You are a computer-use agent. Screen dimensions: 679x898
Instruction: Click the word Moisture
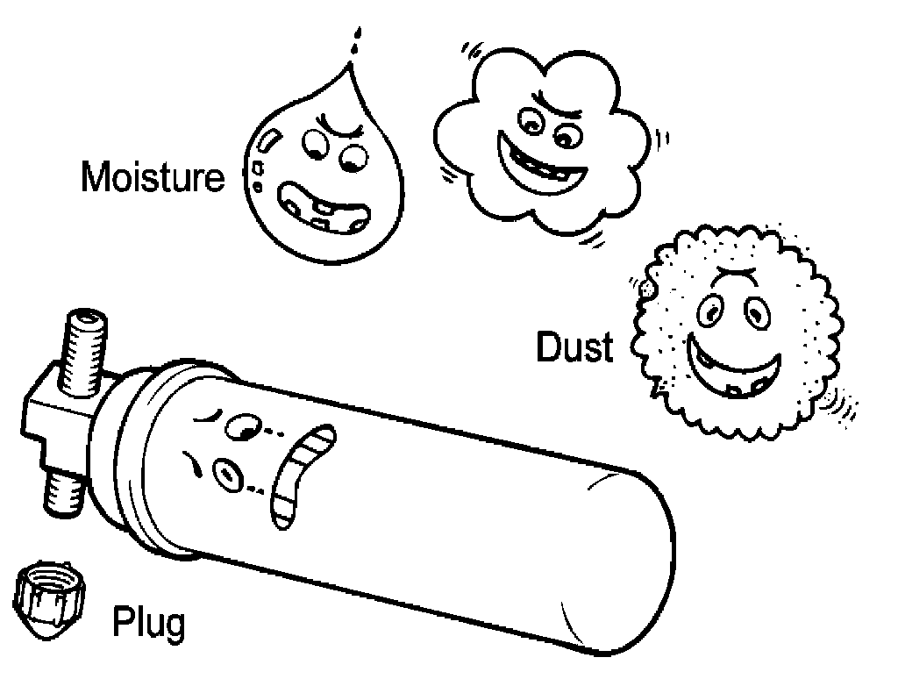click(x=153, y=177)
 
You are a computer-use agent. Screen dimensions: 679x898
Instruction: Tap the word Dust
click(x=574, y=347)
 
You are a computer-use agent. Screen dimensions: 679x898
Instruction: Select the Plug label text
click(x=149, y=624)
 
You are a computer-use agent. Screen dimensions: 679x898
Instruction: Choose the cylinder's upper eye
click(x=242, y=427)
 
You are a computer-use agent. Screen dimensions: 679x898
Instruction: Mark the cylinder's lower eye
click(x=229, y=474)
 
